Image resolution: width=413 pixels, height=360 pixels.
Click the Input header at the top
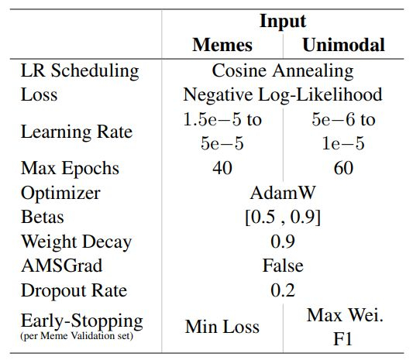282,20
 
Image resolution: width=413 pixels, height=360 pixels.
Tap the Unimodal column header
342,45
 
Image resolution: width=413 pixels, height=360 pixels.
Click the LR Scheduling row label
80,70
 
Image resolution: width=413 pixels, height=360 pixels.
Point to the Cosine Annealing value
282,70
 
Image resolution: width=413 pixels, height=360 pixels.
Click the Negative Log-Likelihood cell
282,94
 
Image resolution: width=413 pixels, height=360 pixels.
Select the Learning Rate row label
76,132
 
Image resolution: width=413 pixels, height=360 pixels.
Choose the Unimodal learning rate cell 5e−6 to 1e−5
342,132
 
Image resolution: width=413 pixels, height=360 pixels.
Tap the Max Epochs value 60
342,168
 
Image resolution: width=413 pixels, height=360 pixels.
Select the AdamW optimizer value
282,193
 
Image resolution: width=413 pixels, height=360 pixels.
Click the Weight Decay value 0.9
282,242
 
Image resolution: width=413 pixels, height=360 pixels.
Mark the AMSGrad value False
282,266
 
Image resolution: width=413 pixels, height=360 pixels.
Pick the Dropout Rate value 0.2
282,290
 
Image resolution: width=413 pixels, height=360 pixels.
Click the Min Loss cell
222,326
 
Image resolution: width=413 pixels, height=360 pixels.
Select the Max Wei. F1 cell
342,327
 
